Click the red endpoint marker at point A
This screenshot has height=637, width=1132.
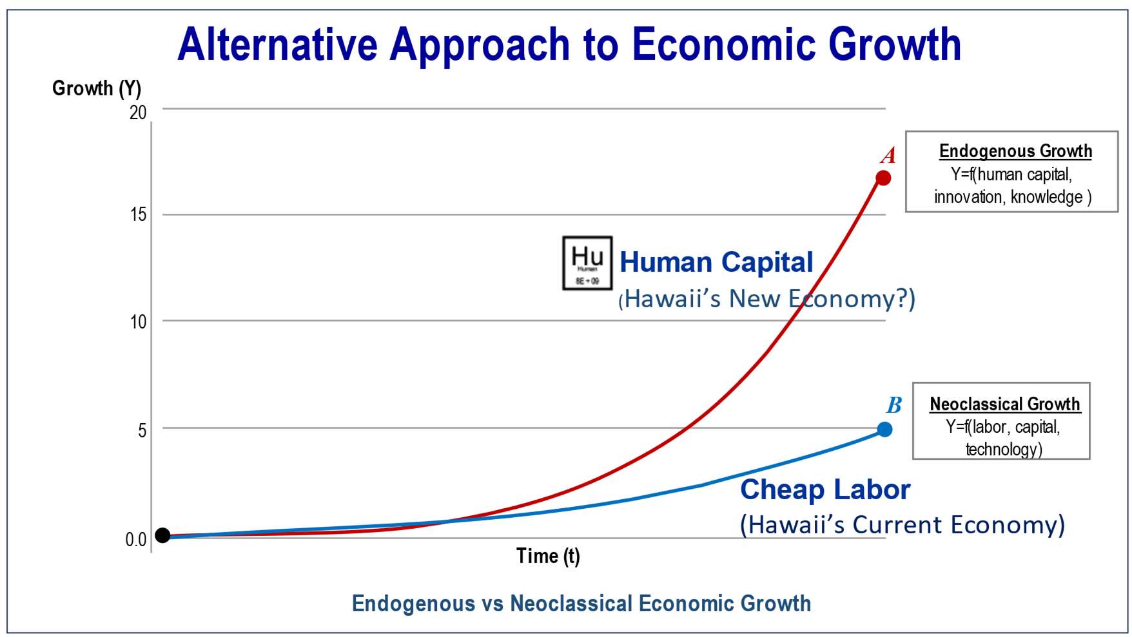(883, 178)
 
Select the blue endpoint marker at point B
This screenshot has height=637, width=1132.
(884, 429)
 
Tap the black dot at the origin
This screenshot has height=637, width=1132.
(162, 535)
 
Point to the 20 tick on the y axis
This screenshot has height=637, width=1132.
(138, 113)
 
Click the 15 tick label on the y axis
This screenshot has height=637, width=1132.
(138, 214)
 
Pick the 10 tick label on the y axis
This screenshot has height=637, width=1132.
(138, 321)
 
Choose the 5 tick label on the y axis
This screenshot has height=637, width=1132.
(142, 430)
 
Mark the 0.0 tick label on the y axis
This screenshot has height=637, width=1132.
(135, 540)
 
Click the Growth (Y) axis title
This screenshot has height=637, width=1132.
(97, 88)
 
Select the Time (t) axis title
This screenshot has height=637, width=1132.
(548, 555)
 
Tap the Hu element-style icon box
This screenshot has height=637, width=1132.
(587, 263)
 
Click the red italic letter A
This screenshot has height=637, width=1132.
(888, 155)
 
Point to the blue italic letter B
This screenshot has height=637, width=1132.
(894, 405)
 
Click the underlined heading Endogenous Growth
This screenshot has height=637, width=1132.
(1015, 151)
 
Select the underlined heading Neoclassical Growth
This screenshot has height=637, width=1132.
(1004, 404)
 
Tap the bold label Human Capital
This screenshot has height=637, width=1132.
(716, 262)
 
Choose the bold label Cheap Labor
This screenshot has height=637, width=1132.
(825, 490)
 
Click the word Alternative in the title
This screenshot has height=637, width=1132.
(277, 45)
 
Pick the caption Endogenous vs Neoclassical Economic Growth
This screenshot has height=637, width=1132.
(581, 604)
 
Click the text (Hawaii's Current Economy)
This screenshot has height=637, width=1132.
(902, 525)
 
